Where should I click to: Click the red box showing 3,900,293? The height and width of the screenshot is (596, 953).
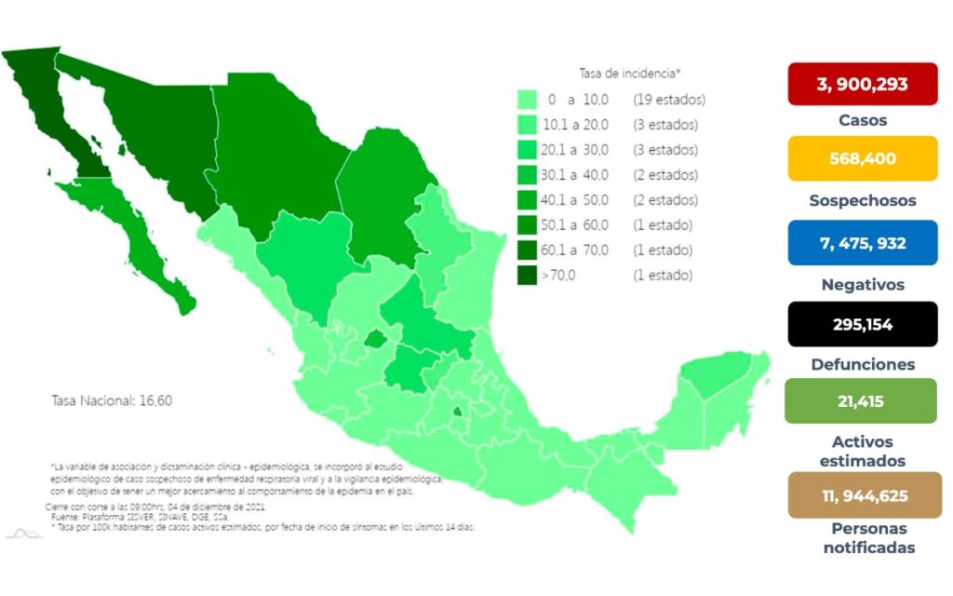pyautogui.click(x=862, y=85)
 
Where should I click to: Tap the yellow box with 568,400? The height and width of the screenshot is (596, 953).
pyautogui.click(x=862, y=158)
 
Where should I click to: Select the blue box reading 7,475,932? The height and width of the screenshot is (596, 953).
pyautogui.click(x=862, y=243)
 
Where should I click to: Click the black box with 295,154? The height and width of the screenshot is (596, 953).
pyautogui.click(x=862, y=324)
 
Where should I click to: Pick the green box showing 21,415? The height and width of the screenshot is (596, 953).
pyautogui.click(x=862, y=401)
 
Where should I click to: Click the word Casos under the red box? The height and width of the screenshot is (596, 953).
pyautogui.click(x=862, y=120)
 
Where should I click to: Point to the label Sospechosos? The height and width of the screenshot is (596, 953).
pyautogui.click(x=862, y=200)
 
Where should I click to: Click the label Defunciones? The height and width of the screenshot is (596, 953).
pyautogui.click(x=862, y=364)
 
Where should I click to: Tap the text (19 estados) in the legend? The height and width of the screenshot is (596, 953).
pyautogui.click(x=668, y=99)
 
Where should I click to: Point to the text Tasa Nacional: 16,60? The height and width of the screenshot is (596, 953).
pyautogui.click(x=112, y=400)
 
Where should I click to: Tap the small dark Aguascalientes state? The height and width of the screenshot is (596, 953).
pyautogui.click(x=375, y=340)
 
